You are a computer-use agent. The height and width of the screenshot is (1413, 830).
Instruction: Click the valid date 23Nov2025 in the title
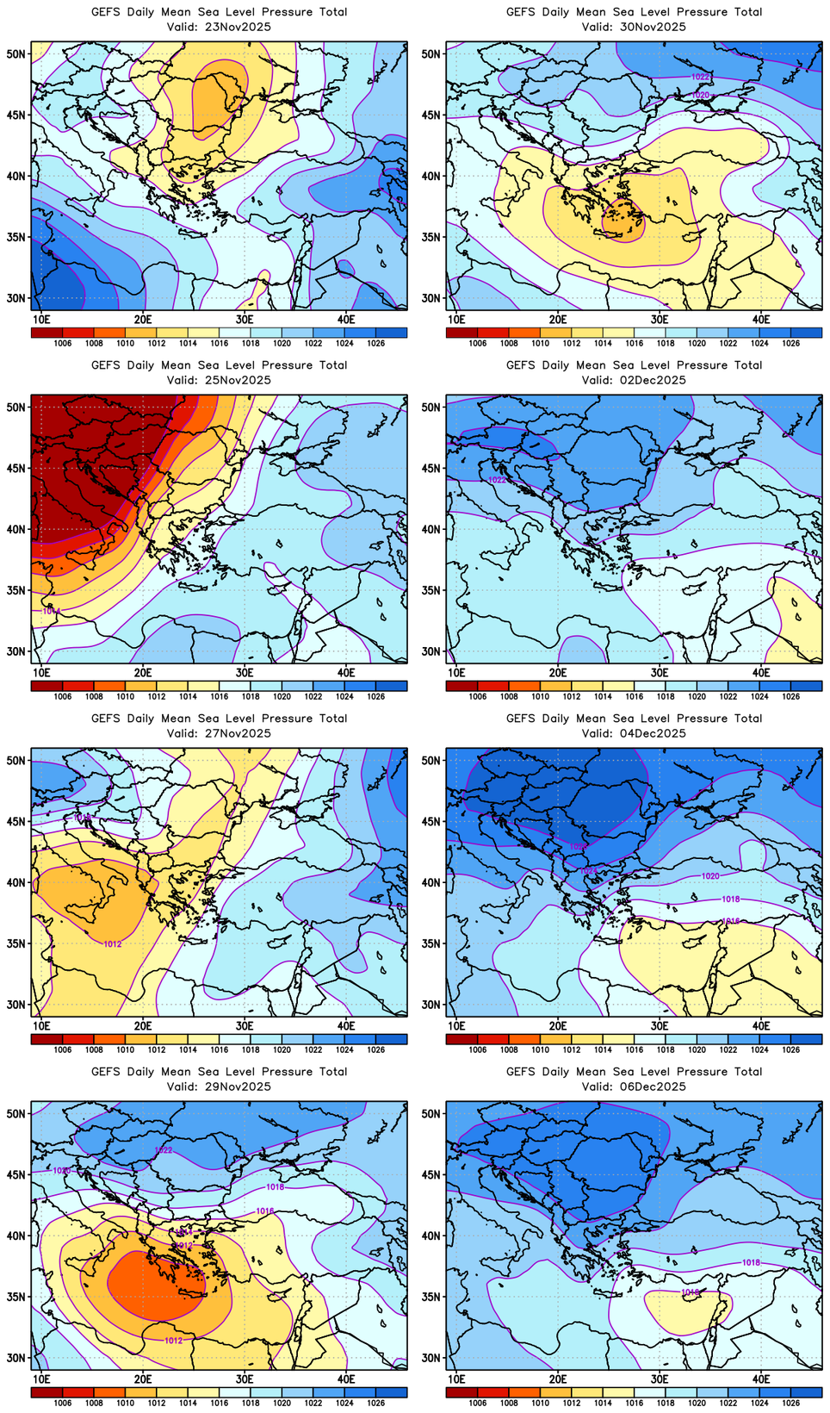point(244,27)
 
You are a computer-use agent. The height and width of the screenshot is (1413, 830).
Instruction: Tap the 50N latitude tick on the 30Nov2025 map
point(430,53)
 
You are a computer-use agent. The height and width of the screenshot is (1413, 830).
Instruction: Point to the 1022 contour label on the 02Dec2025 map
point(497,480)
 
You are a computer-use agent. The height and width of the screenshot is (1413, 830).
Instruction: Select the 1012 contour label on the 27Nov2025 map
point(112,944)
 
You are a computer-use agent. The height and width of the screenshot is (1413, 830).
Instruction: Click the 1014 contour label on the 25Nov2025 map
point(51,611)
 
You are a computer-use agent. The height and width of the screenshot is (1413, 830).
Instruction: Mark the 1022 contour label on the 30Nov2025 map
point(700,77)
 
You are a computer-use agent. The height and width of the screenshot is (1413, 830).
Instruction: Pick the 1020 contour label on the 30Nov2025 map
point(700,95)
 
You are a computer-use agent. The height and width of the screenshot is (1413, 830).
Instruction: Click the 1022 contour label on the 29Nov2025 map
point(163,1150)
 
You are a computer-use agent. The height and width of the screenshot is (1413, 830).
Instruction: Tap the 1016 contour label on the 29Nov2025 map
point(264,1211)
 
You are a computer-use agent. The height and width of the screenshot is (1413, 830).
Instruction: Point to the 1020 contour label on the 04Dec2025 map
point(710,876)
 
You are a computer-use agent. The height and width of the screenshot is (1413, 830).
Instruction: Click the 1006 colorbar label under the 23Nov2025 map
point(63,344)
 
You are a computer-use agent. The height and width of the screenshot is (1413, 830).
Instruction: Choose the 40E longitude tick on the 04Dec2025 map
point(761,1026)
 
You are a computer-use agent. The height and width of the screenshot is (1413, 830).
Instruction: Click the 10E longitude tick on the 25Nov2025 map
point(41,673)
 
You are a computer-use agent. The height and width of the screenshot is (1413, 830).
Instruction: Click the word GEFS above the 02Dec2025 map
point(522,365)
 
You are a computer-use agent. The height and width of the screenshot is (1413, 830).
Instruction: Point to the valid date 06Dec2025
point(659,1086)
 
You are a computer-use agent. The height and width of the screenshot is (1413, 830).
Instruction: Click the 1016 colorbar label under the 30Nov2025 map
point(634,344)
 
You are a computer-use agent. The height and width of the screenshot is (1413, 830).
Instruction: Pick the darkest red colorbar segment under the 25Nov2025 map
point(46,686)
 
